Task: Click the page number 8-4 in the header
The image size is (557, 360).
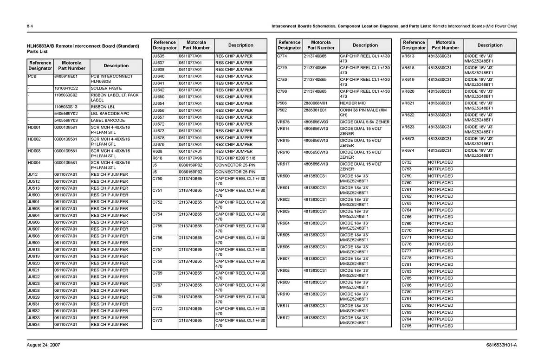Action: (29, 26)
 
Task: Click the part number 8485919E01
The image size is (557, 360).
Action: (65, 76)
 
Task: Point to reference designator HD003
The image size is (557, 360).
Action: (34, 151)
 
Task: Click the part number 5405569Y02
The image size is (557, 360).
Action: (66, 114)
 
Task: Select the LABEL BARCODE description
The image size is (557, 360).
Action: (108, 121)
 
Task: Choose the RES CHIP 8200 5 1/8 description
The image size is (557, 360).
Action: (235, 158)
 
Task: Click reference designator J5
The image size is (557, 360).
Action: (155, 165)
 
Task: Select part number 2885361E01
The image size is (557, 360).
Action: (315, 110)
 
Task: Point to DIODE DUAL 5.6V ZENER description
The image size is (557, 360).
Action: (365, 122)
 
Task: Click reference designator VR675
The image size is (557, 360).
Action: (283, 122)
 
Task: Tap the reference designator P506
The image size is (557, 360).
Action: (282, 103)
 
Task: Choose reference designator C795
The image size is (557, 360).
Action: (407, 326)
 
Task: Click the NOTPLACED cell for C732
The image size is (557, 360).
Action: (440, 162)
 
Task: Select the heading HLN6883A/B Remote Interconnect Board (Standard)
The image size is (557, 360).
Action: (83, 46)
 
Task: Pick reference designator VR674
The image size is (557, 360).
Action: (408, 150)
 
